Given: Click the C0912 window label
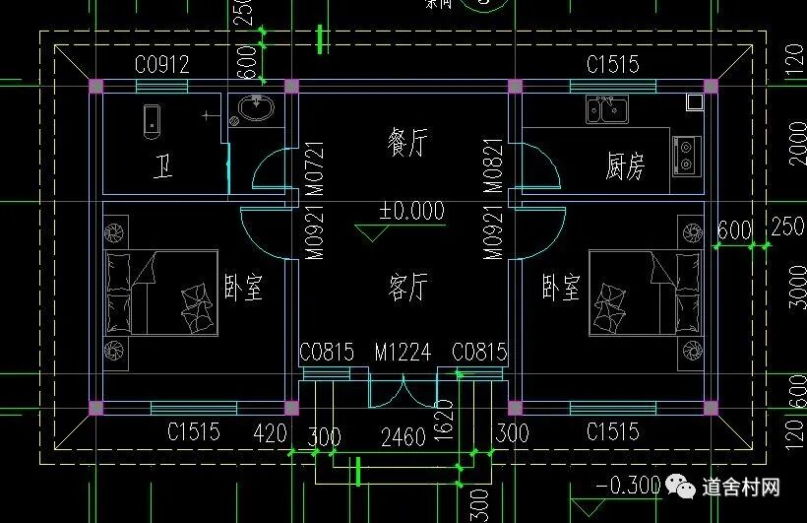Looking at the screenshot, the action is click(162, 65).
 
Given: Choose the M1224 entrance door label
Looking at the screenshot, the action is click(402, 352).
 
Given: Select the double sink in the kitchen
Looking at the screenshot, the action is click(607, 108).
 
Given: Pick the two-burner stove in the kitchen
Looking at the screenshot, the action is click(686, 155).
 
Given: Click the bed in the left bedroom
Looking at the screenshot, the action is click(161, 293).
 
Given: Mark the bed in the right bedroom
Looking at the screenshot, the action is click(644, 293).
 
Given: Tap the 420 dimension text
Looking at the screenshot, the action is click(269, 432).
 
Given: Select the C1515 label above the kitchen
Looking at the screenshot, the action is click(612, 65).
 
